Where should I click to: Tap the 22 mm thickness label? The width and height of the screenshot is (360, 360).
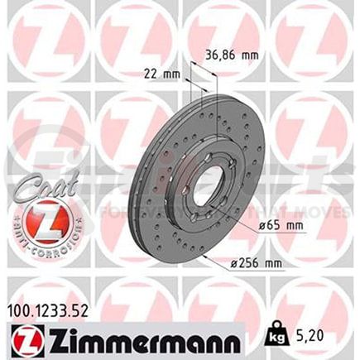[x=156, y=73]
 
